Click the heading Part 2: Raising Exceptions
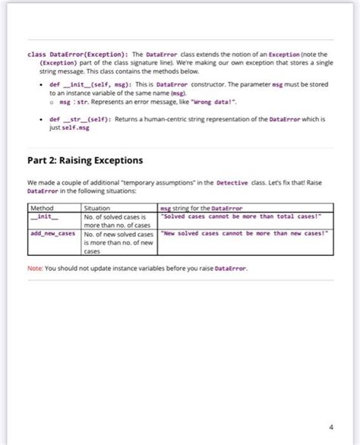(85, 160)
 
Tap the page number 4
(330, 426)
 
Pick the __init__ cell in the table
(39, 216)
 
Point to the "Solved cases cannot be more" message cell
(242, 216)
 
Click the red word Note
(34, 268)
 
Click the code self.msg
(74, 128)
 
